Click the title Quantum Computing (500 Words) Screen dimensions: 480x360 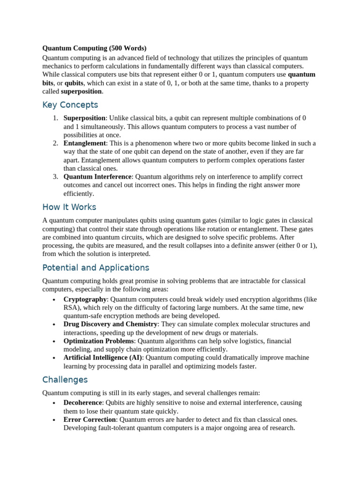click(x=94, y=48)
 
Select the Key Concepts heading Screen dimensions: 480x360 click(x=70, y=105)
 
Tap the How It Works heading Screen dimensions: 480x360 click(x=69, y=207)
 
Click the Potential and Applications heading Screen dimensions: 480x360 click(x=96, y=268)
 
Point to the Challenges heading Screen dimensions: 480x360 click(x=65, y=379)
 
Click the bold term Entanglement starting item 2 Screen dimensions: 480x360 click(x=85, y=143)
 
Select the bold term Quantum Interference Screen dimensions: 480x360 click(x=97, y=177)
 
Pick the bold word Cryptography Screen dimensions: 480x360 click(x=85, y=299)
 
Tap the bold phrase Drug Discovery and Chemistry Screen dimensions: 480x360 click(x=111, y=324)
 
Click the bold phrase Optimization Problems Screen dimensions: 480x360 click(x=99, y=341)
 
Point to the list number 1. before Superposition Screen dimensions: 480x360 click(x=55, y=118)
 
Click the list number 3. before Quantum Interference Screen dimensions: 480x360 click(x=55, y=177)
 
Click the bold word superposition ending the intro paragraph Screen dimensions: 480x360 click(x=81, y=91)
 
